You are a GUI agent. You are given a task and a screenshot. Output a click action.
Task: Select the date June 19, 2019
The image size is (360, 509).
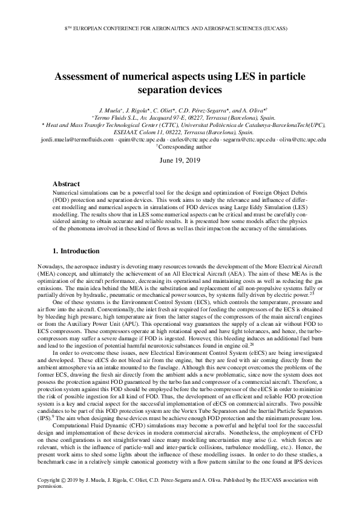[x=180, y=161]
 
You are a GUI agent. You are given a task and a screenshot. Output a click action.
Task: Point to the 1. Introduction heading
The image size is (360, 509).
[x=78, y=250]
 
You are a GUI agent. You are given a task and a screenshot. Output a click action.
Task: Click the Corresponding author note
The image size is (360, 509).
[x=184, y=146]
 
